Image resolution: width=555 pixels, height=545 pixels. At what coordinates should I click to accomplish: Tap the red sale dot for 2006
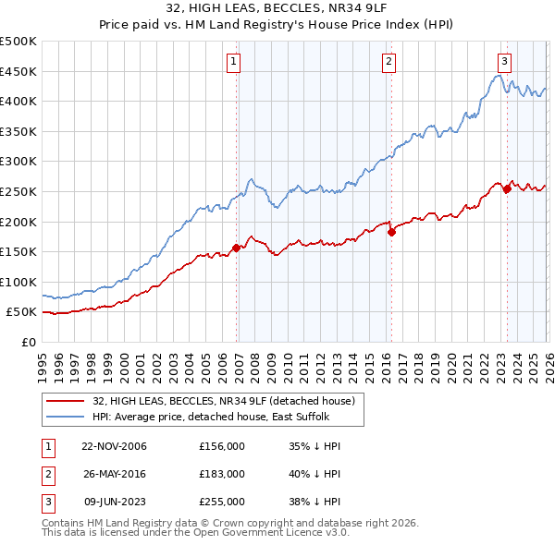[237, 248]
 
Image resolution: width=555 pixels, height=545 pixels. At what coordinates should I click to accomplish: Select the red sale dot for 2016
[391, 232]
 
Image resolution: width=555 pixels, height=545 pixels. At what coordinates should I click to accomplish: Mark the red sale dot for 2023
[507, 188]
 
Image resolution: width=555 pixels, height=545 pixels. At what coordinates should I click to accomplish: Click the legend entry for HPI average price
[214, 417]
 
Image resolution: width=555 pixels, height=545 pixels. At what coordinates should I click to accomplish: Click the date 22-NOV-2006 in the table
[114, 446]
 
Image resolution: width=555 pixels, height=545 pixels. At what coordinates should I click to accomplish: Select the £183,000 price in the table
[221, 474]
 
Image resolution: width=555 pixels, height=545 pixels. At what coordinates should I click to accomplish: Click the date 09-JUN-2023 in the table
[115, 502]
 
